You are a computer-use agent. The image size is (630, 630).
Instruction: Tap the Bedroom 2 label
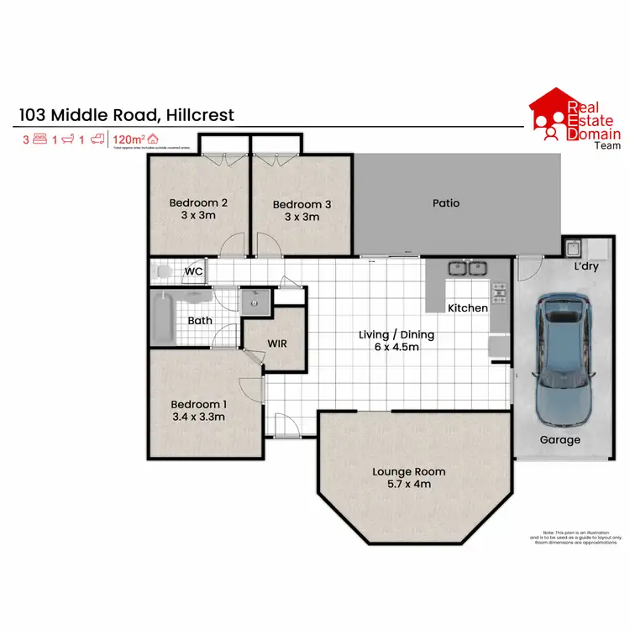point(199,202)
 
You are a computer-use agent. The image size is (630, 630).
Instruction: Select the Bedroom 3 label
point(302,204)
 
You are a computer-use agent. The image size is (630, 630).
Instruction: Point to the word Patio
point(446,202)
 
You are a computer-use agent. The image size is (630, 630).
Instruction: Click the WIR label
point(278,344)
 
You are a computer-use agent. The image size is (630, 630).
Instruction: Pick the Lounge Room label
point(409,471)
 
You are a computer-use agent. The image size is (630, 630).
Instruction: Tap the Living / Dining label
point(396,334)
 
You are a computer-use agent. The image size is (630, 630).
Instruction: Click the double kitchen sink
point(468,269)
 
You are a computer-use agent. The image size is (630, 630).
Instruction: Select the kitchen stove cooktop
point(500,293)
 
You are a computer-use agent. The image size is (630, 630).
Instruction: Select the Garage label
point(559,439)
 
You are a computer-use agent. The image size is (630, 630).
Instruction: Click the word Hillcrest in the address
point(199,114)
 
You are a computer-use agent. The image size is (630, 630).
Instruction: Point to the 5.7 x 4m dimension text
point(409,485)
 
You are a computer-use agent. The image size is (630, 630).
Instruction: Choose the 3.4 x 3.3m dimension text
point(198,415)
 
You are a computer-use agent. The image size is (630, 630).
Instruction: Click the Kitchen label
point(467,308)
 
